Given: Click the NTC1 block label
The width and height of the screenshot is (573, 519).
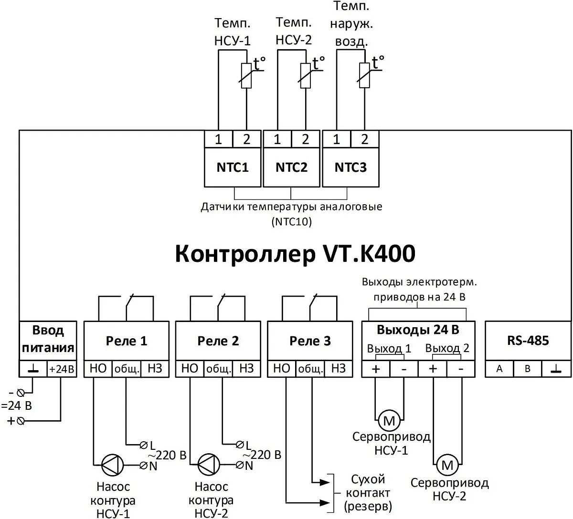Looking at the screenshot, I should [x=233, y=167].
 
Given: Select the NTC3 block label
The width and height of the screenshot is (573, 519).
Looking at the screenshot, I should [x=351, y=167].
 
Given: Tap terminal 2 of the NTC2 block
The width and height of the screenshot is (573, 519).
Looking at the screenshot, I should [x=306, y=139].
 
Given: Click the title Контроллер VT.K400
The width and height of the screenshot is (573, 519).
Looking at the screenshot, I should [x=295, y=254].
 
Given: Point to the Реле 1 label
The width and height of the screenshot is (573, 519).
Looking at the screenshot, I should [x=127, y=341].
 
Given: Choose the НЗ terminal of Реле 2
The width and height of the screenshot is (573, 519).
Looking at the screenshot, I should [x=246, y=368].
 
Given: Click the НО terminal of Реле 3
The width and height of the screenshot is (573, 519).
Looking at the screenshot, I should [x=282, y=368].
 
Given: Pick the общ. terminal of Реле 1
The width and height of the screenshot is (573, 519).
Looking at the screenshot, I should [x=127, y=369].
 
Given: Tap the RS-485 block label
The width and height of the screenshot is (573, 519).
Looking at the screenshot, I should [x=528, y=341].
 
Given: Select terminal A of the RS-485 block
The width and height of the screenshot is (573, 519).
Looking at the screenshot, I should [x=499, y=369].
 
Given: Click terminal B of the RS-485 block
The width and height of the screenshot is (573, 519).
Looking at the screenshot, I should [x=528, y=369].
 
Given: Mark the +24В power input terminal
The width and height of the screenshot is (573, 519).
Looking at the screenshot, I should [x=62, y=369].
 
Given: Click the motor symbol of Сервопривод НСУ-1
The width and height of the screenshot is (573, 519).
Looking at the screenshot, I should [x=390, y=421].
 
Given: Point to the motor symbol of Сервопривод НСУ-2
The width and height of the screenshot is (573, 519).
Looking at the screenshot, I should [x=447, y=465].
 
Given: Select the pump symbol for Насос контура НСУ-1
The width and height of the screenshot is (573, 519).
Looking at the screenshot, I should [x=112, y=464].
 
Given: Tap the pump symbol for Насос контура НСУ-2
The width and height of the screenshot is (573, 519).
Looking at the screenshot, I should [x=209, y=464].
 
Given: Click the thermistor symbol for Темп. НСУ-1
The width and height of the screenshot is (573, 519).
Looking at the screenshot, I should [x=246, y=75].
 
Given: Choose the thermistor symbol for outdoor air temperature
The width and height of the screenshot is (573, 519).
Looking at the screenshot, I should [x=365, y=75].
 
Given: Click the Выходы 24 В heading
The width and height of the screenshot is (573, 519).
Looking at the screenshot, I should [x=418, y=330].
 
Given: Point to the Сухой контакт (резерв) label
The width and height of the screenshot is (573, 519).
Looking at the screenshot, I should [x=368, y=492].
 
